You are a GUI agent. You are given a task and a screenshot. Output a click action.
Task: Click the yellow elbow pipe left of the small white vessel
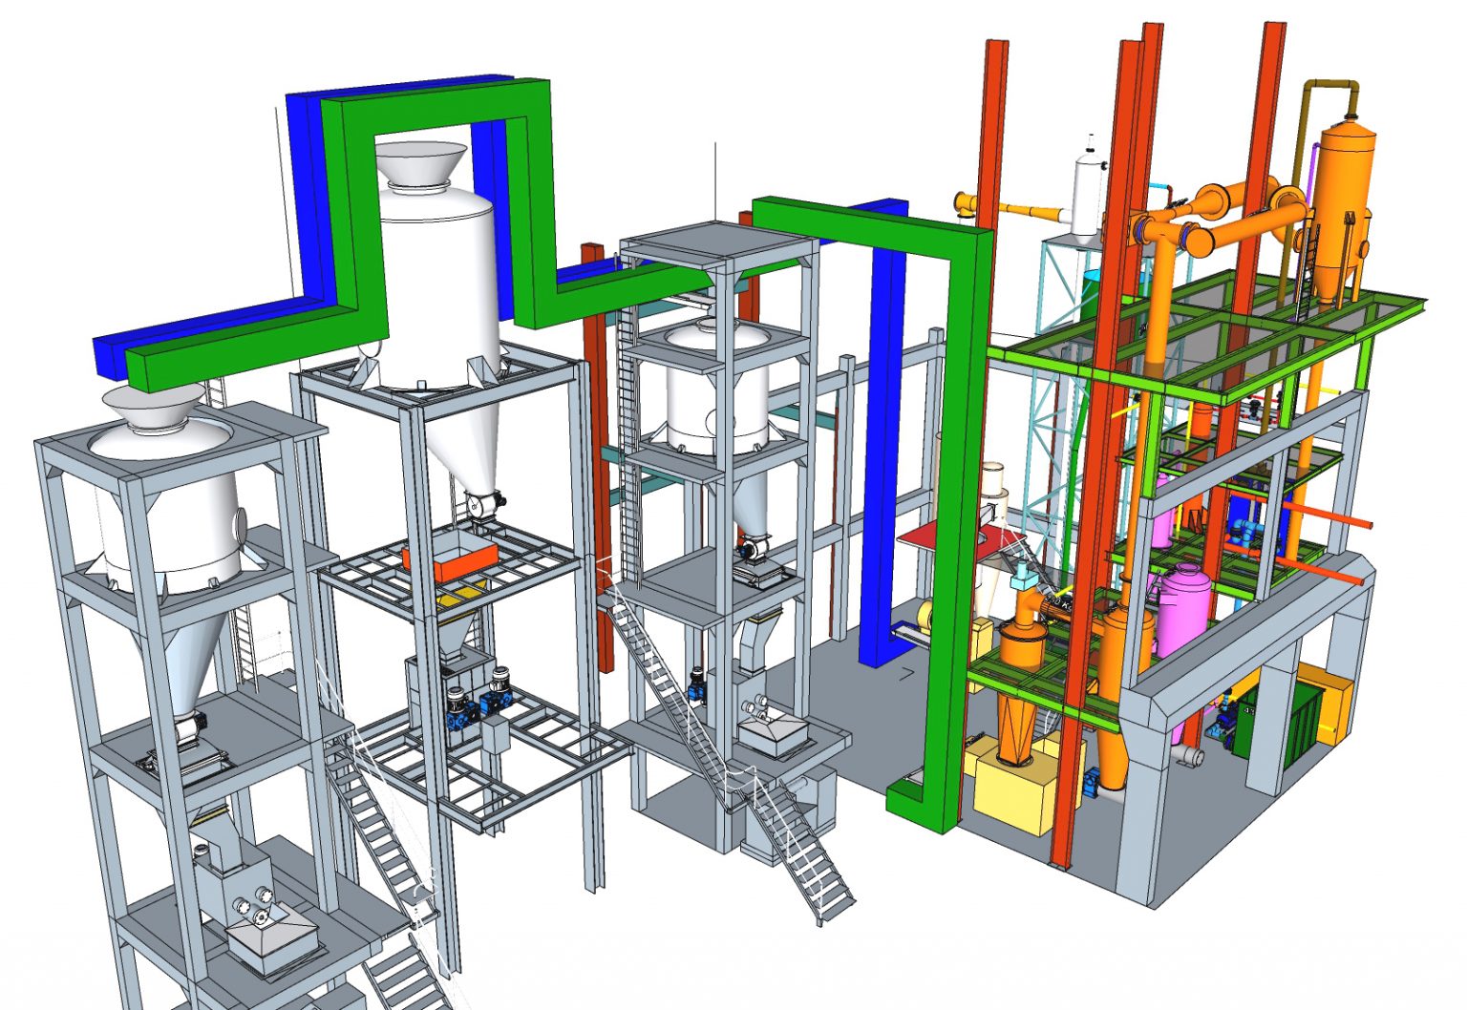967,202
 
